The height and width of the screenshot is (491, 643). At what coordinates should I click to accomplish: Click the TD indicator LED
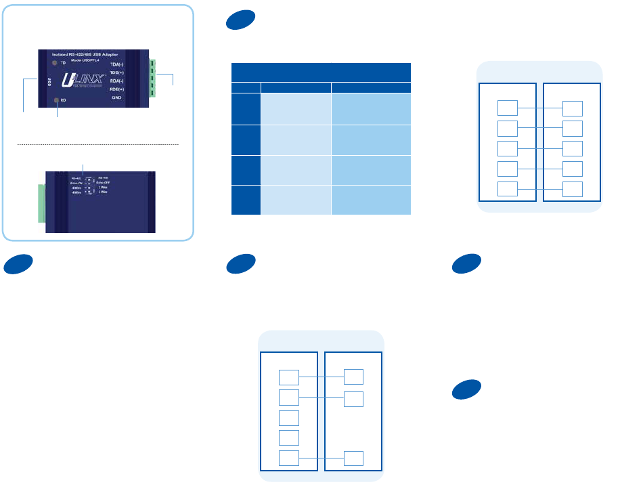[x=54, y=63]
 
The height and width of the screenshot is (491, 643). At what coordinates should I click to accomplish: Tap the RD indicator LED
[x=57, y=100]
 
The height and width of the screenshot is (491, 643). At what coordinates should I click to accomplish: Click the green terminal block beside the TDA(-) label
[x=152, y=77]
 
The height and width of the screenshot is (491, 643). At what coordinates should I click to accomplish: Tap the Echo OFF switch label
[x=104, y=183]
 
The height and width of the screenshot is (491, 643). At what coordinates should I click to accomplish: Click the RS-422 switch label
[x=76, y=177]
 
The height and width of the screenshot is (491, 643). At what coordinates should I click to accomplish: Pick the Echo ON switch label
[x=76, y=183]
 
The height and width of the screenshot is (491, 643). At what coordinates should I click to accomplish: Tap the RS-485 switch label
[x=104, y=177]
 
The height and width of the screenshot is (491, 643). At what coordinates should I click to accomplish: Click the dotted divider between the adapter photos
[x=97, y=144]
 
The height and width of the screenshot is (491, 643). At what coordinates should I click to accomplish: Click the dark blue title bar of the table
[x=321, y=72]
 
